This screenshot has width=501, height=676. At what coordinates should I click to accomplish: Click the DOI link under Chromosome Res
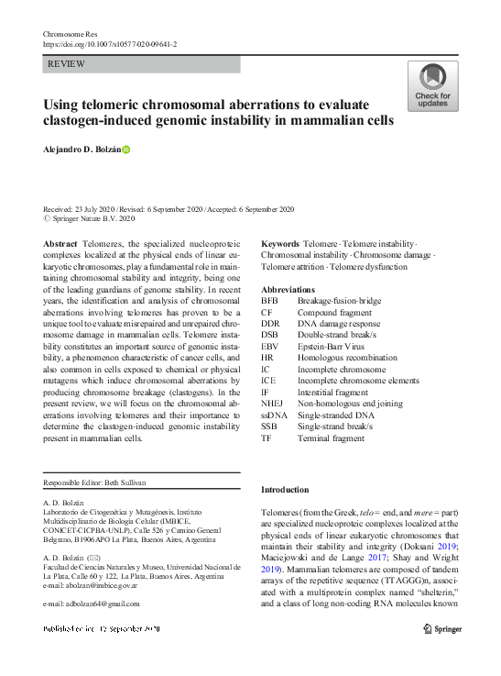[110, 43]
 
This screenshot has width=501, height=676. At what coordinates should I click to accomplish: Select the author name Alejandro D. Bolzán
[82, 149]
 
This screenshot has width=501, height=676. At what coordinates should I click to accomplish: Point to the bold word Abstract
[60, 242]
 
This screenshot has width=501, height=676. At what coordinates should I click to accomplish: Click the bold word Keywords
[280, 242]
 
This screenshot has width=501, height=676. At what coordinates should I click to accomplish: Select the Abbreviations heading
[289, 289]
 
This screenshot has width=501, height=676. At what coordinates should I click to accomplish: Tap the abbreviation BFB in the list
[269, 300]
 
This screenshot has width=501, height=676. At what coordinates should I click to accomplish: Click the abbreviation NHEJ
[273, 403]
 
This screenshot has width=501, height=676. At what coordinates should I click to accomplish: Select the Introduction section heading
[285, 490]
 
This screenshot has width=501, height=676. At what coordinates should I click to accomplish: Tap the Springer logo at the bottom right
[441, 629]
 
